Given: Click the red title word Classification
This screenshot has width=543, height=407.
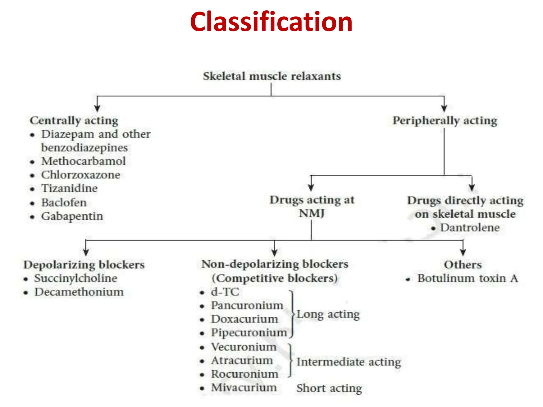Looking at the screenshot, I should tap(271, 22).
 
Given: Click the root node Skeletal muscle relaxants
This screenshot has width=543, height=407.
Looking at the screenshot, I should tap(272, 76).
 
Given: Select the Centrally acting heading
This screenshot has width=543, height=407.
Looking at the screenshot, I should tap(74, 121).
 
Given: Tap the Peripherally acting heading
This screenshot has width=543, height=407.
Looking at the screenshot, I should tap(445, 121).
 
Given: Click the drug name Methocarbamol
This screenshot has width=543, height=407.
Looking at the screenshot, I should tap(83, 161).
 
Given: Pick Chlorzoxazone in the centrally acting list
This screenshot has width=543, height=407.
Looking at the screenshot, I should tap(81, 175).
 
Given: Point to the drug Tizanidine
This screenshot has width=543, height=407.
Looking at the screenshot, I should tap(69, 188).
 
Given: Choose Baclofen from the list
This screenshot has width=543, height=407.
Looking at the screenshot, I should tap(64, 203).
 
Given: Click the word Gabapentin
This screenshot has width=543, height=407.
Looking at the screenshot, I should tap(72, 216).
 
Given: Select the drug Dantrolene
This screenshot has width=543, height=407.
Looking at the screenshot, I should tap(470, 228).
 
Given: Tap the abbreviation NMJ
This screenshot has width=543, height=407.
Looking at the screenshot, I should tap(312, 213).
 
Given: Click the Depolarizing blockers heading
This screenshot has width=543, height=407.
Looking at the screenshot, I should tap(84, 265).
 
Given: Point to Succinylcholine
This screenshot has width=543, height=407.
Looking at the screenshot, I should tap(76, 278).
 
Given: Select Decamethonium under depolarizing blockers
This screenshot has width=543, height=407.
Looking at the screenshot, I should tap(79, 292).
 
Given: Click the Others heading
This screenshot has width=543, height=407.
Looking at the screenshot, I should tap(463, 265).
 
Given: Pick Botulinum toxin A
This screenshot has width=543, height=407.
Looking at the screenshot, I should tap(467, 278).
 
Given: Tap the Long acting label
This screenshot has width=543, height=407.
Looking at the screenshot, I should tap(328, 314).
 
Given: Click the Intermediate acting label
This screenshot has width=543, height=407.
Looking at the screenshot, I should tap(348, 362).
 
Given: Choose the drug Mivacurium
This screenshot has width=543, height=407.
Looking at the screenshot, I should tap(244, 388).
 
